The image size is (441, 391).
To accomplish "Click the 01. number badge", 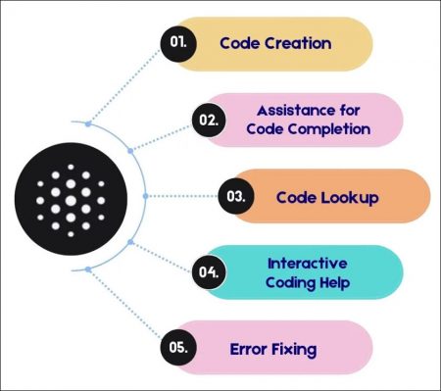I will (x=179, y=43).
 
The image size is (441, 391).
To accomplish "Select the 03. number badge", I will (x=235, y=196).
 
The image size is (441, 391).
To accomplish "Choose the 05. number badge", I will (x=179, y=348).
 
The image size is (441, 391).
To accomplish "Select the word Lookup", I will (x=350, y=196).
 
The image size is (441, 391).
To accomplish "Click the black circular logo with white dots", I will (x=68, y=196).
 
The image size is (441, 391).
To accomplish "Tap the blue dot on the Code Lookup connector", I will (x=145, y=196).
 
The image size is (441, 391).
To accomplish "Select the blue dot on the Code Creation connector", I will (x=89, y=123).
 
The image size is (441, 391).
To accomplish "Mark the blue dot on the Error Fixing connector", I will (x=89, y=269).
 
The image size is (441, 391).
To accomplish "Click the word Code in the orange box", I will (x=300, y=196).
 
